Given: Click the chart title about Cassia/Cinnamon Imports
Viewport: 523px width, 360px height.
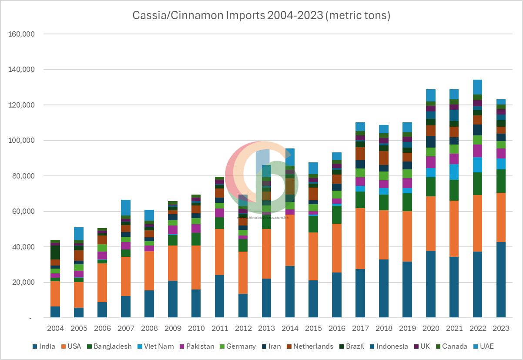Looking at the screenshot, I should click(261, 16).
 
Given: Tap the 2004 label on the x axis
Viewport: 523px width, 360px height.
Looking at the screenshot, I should click(55, 328).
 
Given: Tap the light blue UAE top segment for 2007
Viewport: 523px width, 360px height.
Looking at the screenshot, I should click(126, 207).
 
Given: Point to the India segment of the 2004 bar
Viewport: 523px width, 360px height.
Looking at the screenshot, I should click(55, 312).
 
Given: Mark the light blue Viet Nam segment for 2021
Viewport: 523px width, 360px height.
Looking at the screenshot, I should click(454, 172).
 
